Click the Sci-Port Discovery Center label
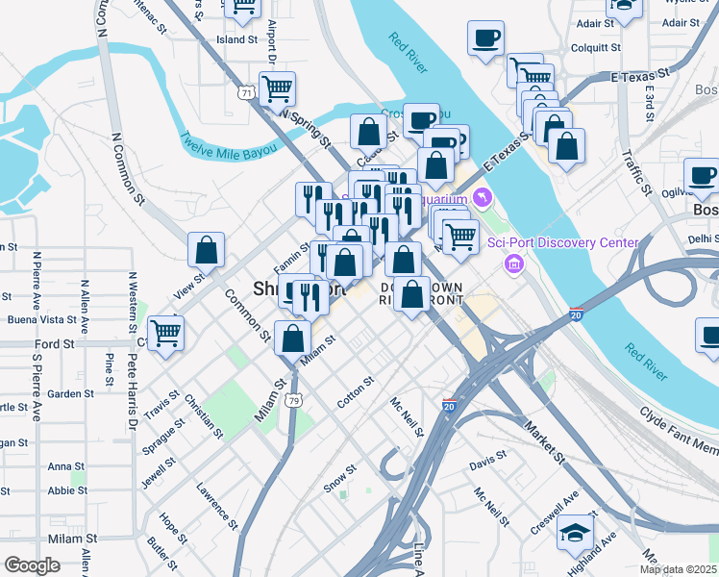[x=562, y=242]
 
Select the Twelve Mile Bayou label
[x=228, y=145]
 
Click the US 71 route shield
[x=247, y=93]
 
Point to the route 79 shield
[x=293, y=400]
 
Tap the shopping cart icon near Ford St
[x=166, y=332]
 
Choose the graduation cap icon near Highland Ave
[x=576, y=531]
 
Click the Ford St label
[x=55, y=343]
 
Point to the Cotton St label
[x=355, y=392]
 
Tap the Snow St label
[x=339, y=478]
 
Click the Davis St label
[x=487, y=464]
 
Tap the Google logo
[x=32, y=565]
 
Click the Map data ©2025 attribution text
[x=678, y=569]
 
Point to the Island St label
[x=237, y=40]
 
